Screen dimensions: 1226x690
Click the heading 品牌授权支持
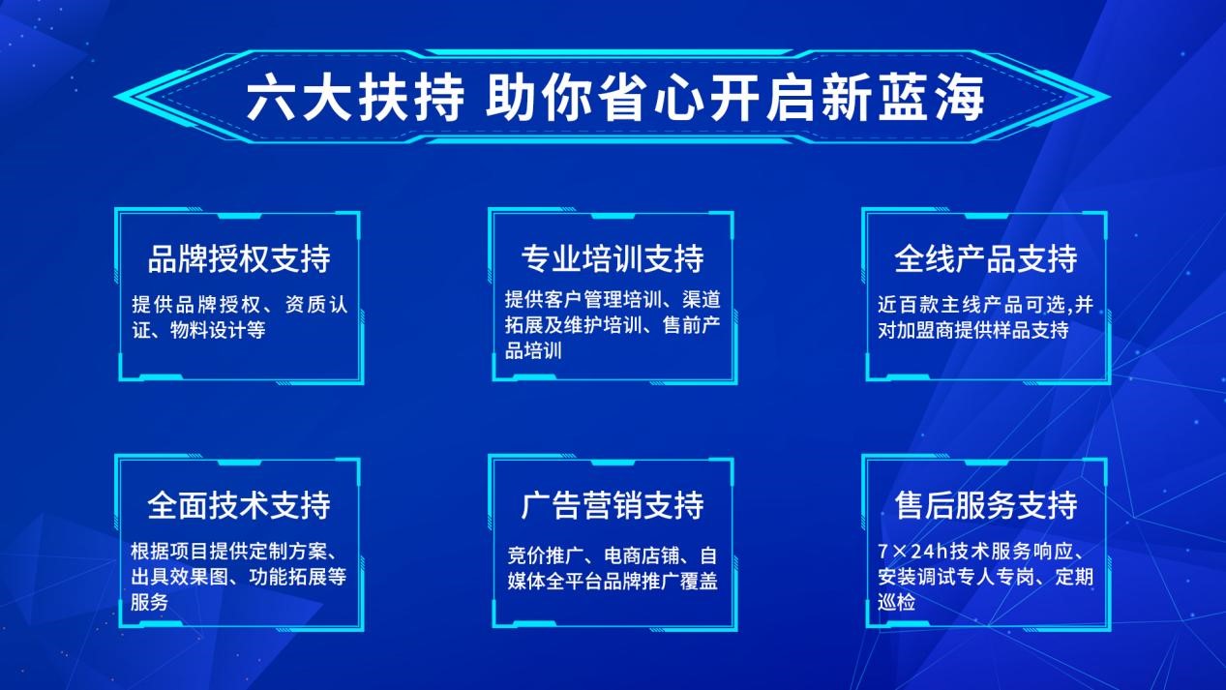(x=239, y=258)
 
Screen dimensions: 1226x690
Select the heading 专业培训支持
(x=613, y=258)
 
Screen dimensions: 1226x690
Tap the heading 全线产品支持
(x=986, y=258)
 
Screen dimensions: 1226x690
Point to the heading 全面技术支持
(x=239, y=505)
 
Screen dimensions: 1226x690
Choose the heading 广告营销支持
(x=613, y=505)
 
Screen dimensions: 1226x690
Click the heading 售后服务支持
(x=986, y=505)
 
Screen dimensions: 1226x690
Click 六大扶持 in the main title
(x=355, y=99)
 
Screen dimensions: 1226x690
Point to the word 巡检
(x=896, y=603)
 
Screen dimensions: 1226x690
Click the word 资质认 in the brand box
(x=316, y=304)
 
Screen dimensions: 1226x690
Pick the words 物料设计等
(x=218, y=330)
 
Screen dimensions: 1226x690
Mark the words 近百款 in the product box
(x=907, y=304)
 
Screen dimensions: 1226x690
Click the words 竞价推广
(x=546, y=555)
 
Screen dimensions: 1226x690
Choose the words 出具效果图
(x=179, y=577)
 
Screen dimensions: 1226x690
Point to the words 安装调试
(x=916, y=577)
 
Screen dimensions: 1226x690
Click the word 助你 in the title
(x=539, y=99)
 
